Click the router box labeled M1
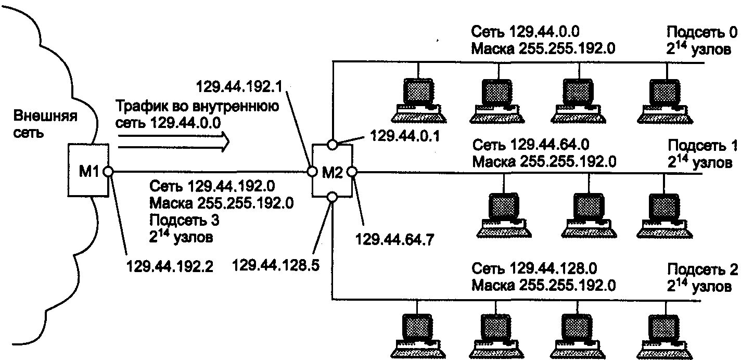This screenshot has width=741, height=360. coord(87,171)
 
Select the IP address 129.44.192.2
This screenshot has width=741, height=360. coord(170,266)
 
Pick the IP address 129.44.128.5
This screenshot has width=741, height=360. coord(276,266)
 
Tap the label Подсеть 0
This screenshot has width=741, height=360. coord(702,33)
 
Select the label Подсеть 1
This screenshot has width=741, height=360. coord(702,145)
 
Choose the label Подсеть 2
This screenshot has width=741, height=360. coord(702,269)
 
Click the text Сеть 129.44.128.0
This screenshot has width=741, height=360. coord(534,269)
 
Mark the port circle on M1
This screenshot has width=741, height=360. coord(108,171)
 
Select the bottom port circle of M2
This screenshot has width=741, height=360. coord(332,197)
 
